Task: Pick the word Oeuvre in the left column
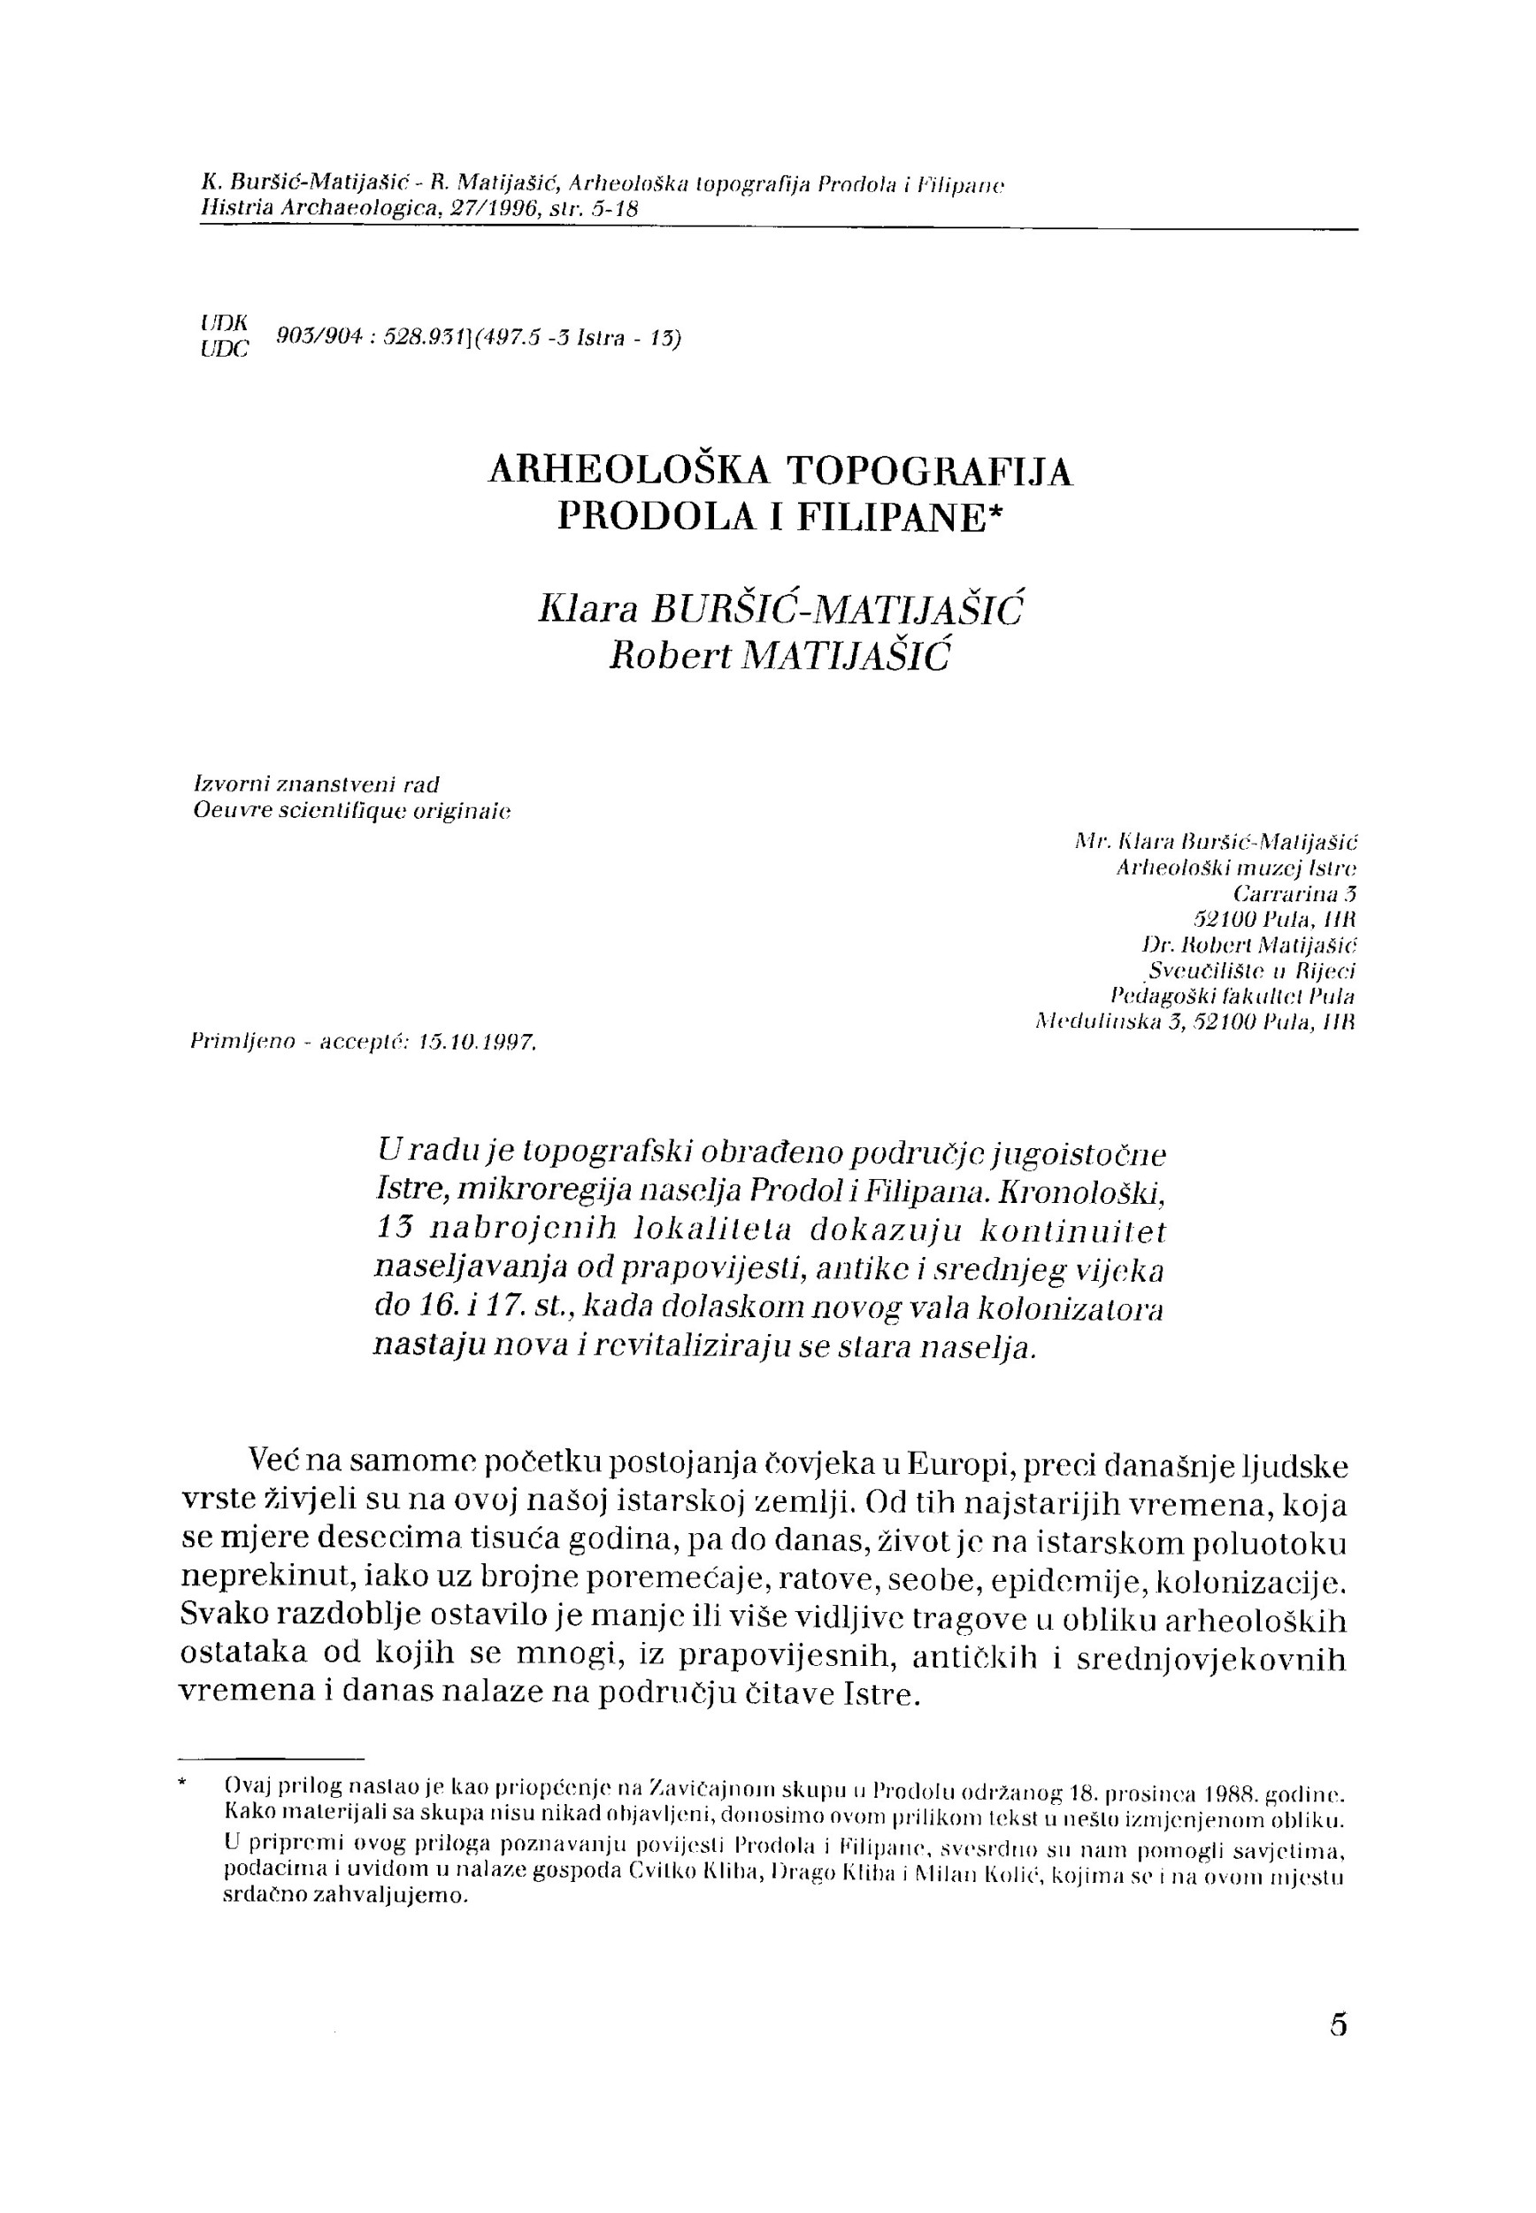pos(228,810)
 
